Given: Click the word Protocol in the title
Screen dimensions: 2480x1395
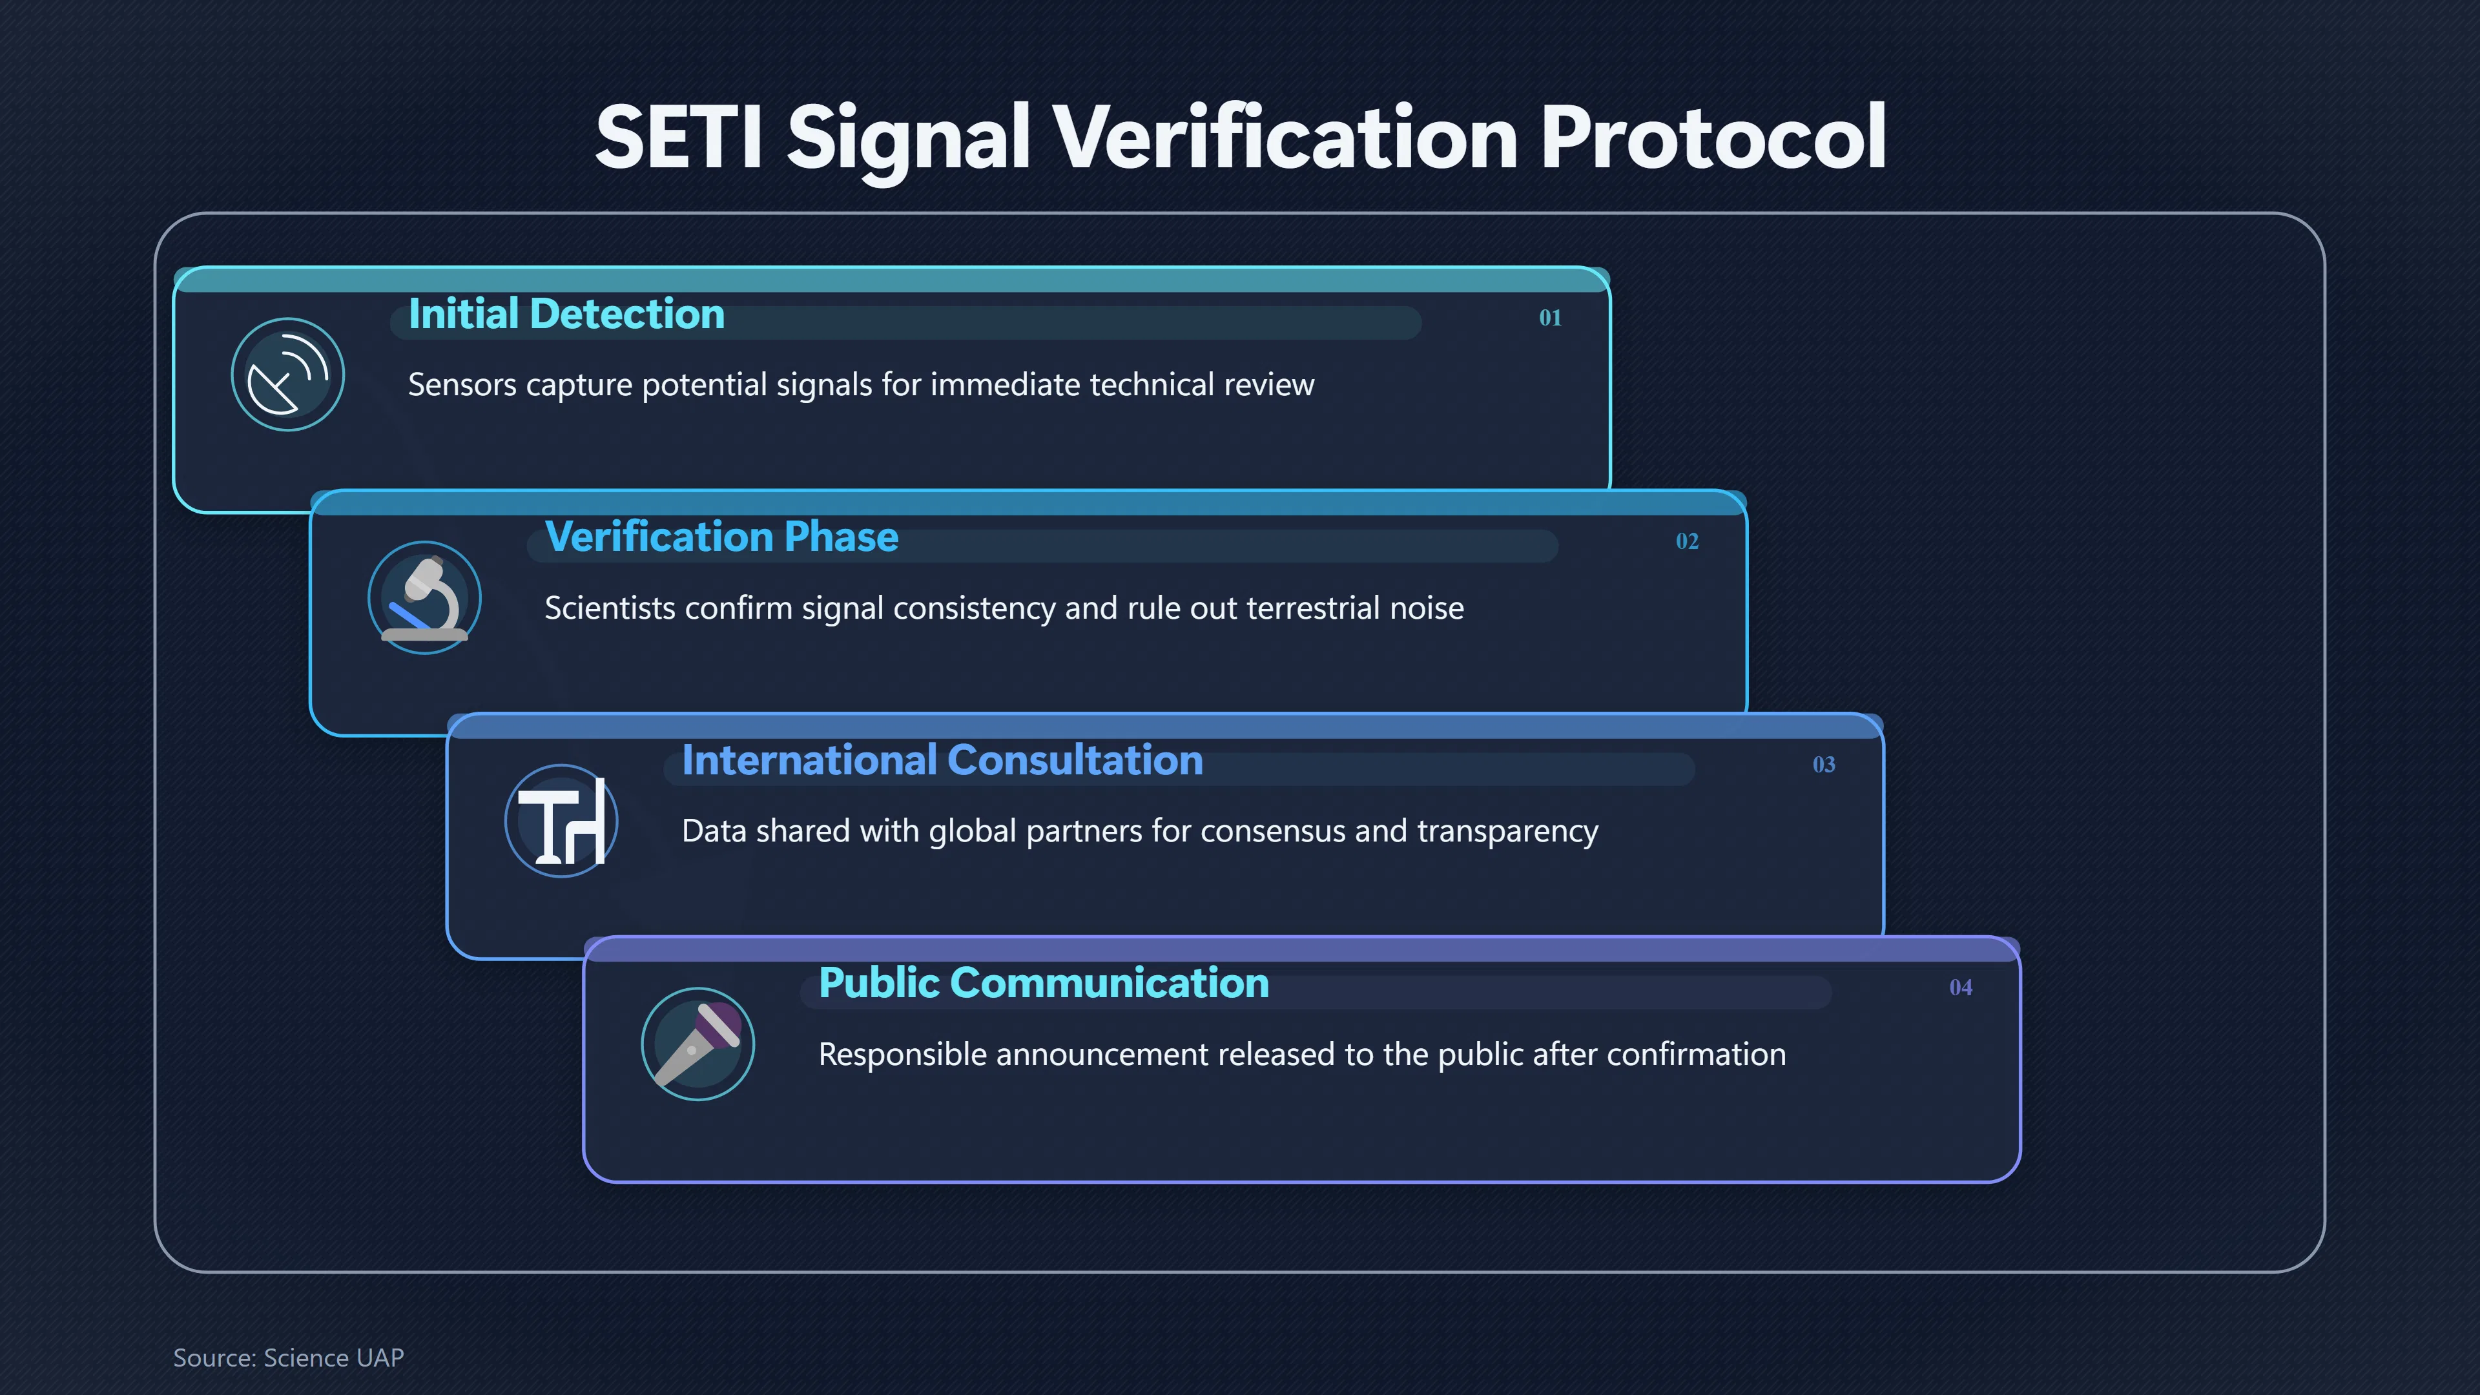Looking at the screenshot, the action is (x=1713, y=137).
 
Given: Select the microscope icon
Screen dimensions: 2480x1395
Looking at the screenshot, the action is (x=424, y=598).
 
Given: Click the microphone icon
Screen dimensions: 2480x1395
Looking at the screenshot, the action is (x=698, y=1044).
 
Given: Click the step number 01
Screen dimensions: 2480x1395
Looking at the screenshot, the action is (x=1550, y=318).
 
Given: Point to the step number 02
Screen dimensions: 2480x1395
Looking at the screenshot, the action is (x=1687, y=541).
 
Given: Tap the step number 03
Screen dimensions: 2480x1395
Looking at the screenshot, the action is (x=1823, y=765).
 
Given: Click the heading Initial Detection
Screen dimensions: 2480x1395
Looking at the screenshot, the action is (x=566, y=314).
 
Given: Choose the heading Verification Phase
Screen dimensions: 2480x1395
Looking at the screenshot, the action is (x=721, y=537).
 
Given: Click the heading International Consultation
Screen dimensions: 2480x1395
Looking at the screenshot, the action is (x=942, y=761).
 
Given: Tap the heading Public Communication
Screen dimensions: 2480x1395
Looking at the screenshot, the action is (x=1044, y=983).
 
